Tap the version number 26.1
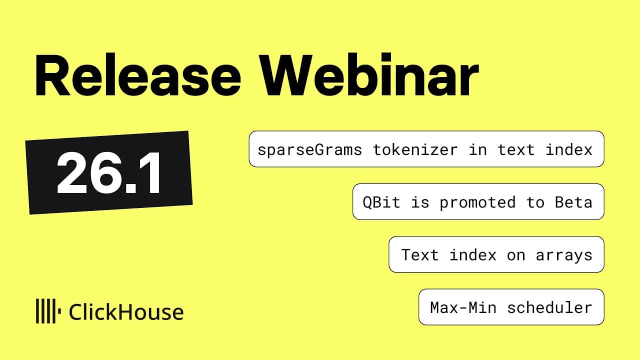109,173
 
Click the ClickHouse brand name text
126,312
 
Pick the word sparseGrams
309,149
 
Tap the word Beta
573,202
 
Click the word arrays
564,255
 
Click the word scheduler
549,307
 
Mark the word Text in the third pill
420,255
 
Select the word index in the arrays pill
473,255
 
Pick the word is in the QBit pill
420,202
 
